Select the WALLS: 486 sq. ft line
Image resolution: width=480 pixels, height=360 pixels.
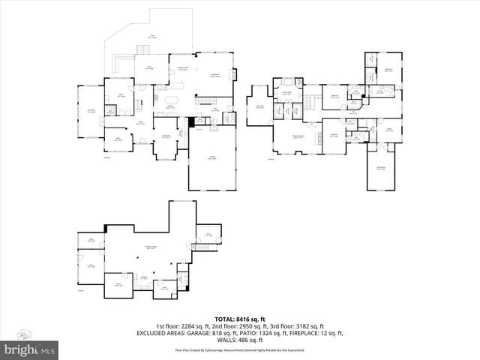(x=239, y=340)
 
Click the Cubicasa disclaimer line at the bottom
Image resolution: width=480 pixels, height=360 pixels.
(x=239, y=349)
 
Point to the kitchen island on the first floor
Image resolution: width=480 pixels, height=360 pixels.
(x=171, y=100)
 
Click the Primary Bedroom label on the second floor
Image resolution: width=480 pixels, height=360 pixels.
(x=298, y=136)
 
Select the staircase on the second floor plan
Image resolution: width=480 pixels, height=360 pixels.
(x=310, y=98)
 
